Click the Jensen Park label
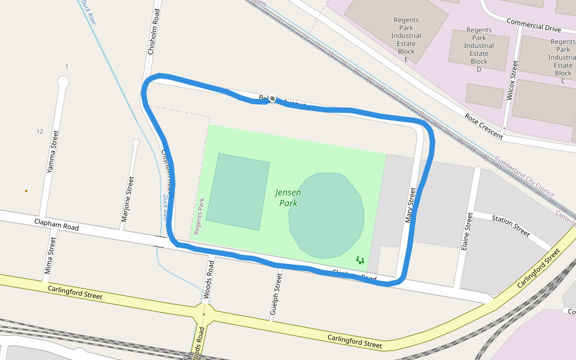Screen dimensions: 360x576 (x=288, y=198)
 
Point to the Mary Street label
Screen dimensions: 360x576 (x=410, y=205)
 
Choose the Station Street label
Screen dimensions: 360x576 (x=511, y=224)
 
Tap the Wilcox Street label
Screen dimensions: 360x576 (x=512, y=80)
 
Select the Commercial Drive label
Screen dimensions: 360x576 (x=533, y=24)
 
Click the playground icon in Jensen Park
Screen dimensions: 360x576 (x=360, y=260)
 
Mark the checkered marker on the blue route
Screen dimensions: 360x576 (x=272, y=98)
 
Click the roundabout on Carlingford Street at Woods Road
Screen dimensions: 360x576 (x=205, y=313)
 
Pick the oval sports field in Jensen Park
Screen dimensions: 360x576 (x=326, y=214)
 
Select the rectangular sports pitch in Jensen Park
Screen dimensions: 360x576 (x=238, y=191)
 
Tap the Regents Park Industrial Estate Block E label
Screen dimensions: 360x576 (x=406, y=40)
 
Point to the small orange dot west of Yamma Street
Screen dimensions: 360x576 (x=26, y=191)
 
